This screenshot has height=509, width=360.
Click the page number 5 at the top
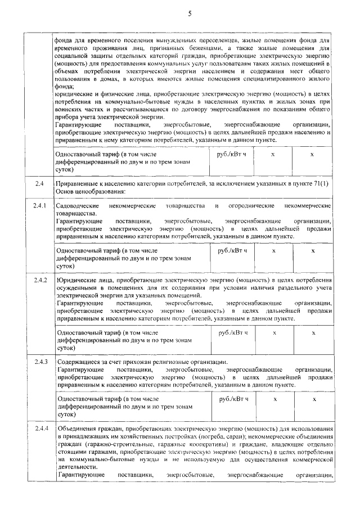[190, 14]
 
